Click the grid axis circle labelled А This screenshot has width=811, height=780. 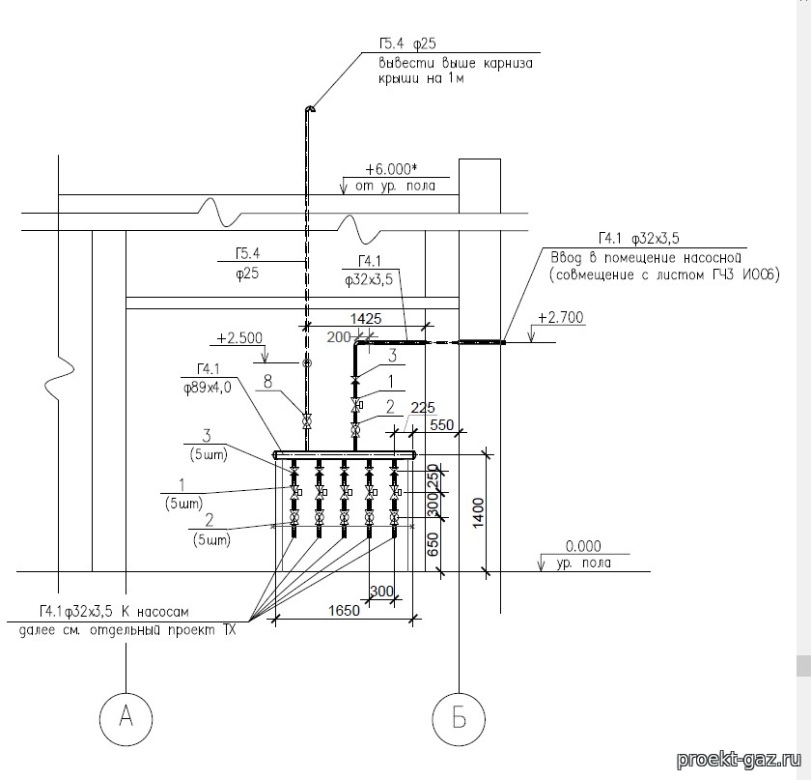pyautogui.click(x=126, y=718)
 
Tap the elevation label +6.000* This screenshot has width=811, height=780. pyautogui.click(x=391, y=169)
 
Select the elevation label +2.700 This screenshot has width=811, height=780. pyautogui.click(x=561, y=317)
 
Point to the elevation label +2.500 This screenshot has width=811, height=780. pyautogui.click(x=239, y=337)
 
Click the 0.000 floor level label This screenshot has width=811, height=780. pyautogui.click(x=583, y=546)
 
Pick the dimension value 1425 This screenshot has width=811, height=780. pyautogui.click(x=366, y=318)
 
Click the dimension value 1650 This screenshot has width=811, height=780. pyautogui.click(x=344, y=611)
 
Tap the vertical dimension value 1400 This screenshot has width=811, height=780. pyautogui.click(x=478, y=512)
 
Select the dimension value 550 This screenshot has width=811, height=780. pyautogui.click(x=442, y=425)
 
